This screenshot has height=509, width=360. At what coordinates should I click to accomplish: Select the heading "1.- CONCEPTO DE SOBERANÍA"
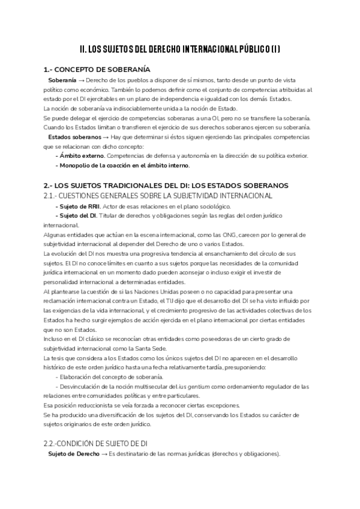point(97,70)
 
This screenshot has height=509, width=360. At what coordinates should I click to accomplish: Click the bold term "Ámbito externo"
point(77,155)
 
